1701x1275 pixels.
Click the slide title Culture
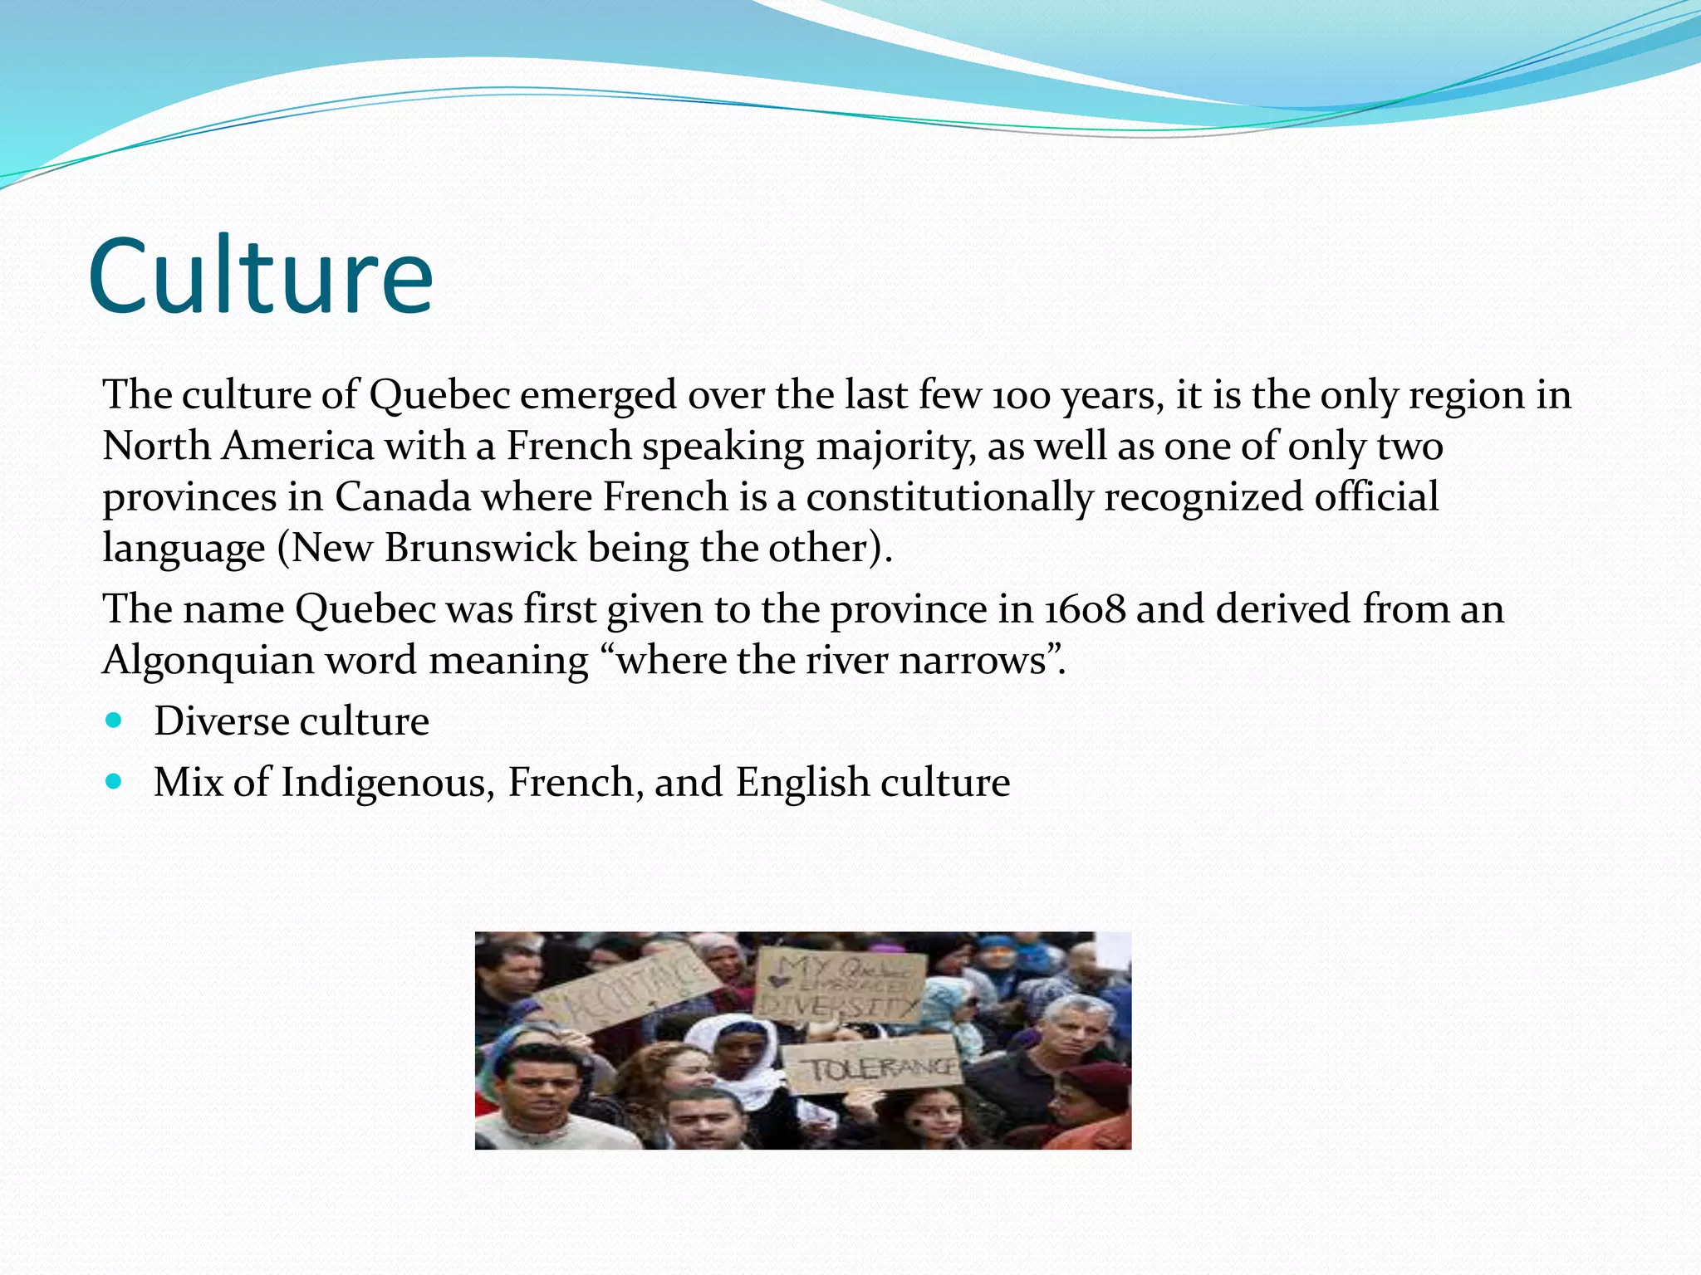(260, 276)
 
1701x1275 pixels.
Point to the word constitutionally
(949, 497)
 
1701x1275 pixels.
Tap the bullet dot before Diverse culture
(115, 720)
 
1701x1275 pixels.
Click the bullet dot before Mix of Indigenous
(115, 781)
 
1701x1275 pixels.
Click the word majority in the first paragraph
(895, 447)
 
